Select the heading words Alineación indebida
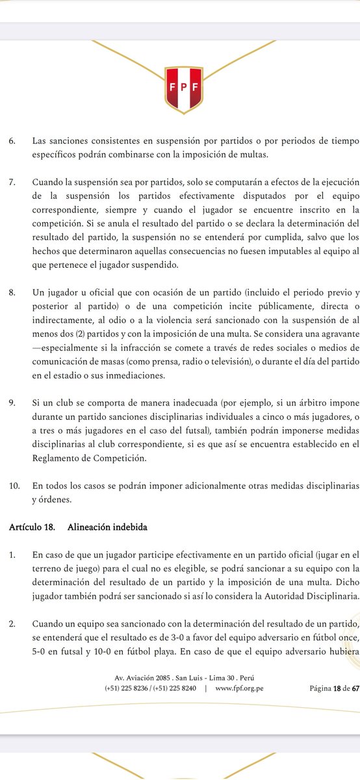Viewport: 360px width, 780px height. coord(99,527)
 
